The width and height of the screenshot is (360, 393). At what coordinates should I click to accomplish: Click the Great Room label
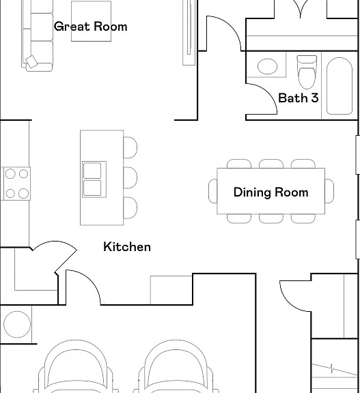click(x=91, y=27)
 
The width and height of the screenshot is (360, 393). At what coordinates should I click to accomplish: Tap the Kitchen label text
click(x=127, y=247)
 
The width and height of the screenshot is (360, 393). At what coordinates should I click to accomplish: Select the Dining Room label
click(x=271, y=192)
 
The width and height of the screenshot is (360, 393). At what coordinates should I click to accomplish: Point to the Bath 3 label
click(x=299, y=98)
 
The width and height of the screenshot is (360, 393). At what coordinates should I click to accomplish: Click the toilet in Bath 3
click(x=307, y=72)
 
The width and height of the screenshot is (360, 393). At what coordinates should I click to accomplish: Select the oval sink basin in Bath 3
click(x=267, y=66)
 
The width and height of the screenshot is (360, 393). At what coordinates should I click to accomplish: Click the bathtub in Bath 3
click(x=340, y=86)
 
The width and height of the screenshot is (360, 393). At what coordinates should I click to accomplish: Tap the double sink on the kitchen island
click(x=94, y=179)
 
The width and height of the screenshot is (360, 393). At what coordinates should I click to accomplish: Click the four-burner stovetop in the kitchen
click(x=17, y=184)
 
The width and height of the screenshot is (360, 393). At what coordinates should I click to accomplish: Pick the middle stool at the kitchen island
click(x=130, y=177)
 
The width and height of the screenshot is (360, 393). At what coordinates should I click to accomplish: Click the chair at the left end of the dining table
click(x=212, y=191)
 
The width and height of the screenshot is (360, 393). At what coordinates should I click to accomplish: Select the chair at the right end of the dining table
click(x=329, y=191)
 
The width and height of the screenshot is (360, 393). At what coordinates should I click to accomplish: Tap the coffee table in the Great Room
click(x=92, y=21)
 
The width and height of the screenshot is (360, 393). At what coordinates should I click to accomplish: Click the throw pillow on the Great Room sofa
click(x=32, y=61)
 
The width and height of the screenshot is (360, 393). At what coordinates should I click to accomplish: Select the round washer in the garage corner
click(x=17, y=324)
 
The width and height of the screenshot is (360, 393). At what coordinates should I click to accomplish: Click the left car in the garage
click(x=76, y=366)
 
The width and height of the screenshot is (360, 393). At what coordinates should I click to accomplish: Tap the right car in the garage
click(x=176, y=366)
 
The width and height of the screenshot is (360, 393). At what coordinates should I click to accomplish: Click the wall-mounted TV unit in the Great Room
click(x=189, y=33)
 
